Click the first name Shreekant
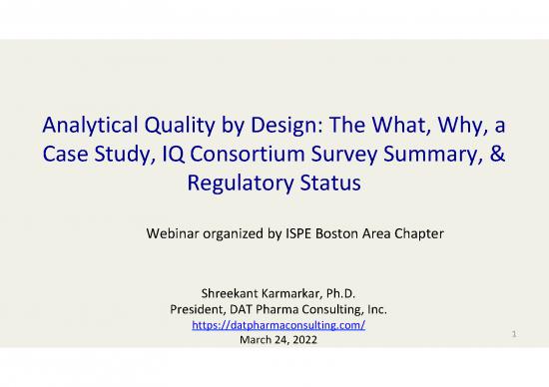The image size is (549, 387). click(207, 292)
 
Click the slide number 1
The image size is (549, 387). click(513, 341)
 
